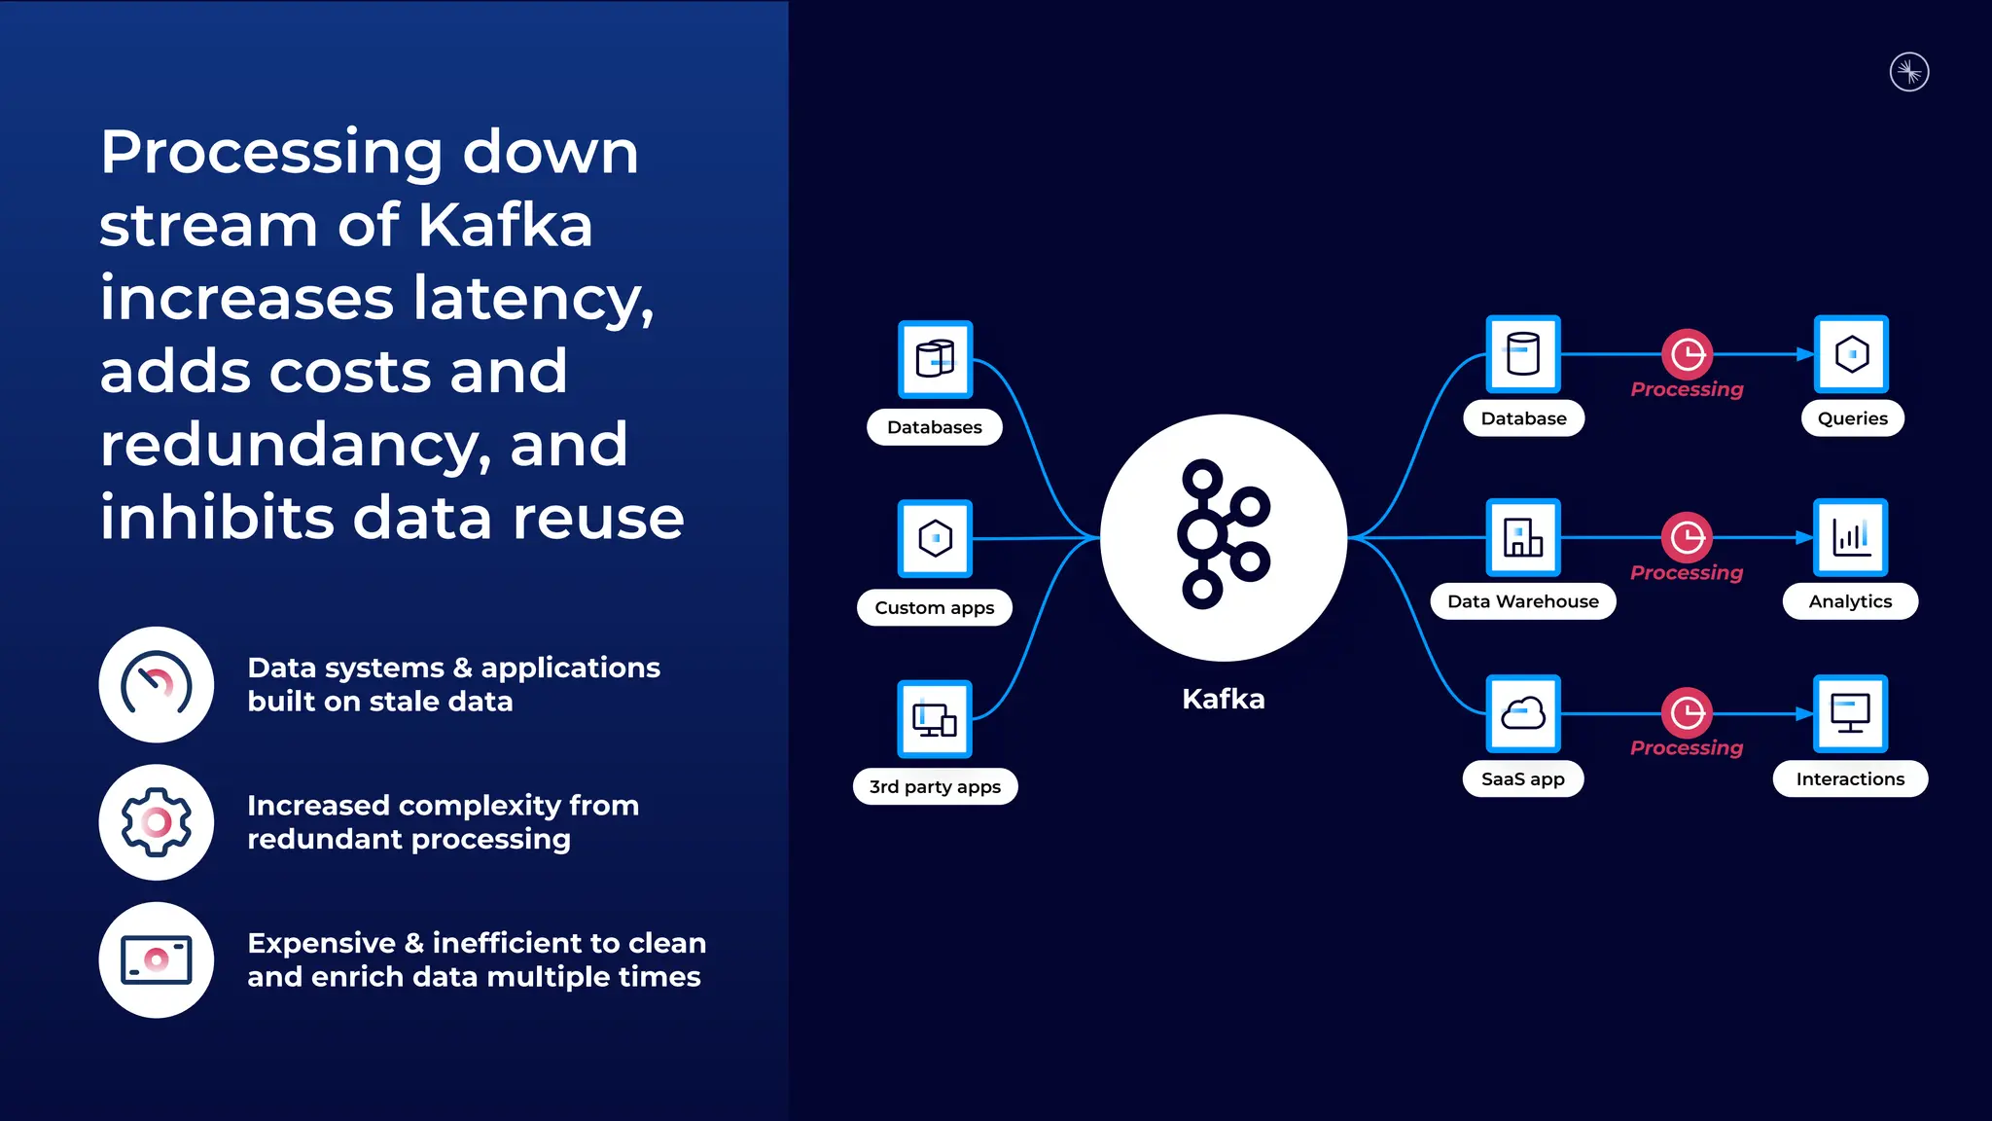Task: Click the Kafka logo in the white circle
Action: point(1223,534)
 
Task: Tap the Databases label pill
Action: point(934,427)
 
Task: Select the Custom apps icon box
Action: point(935,538)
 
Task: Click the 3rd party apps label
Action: point(935,786)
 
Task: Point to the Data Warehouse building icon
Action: point(1523,537)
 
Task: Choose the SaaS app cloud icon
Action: point(1523,713)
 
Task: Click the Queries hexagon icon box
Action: point(1851,354)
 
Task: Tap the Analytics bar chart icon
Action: point(1850,537)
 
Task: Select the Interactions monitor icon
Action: point(1850,713)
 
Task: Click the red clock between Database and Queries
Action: point(1687,354)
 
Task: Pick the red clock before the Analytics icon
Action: point(1687,537)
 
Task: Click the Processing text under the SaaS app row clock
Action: point(1687,747)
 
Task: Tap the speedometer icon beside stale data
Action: point(156,684)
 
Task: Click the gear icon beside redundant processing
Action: point(156,822)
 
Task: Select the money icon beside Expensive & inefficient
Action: point(156,960)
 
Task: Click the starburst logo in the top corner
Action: point(1909,72)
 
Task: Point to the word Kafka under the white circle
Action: point(1223,699)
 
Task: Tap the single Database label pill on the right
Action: point(1523,418)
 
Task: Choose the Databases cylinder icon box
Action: point(935,359)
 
